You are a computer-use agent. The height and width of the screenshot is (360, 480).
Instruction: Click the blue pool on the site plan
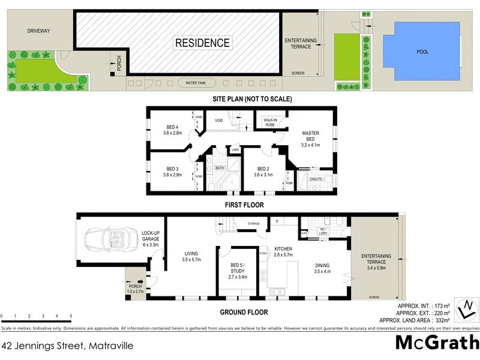click(x=423, y=52)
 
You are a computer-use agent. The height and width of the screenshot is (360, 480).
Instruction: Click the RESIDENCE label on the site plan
click(x=202, y=43)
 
